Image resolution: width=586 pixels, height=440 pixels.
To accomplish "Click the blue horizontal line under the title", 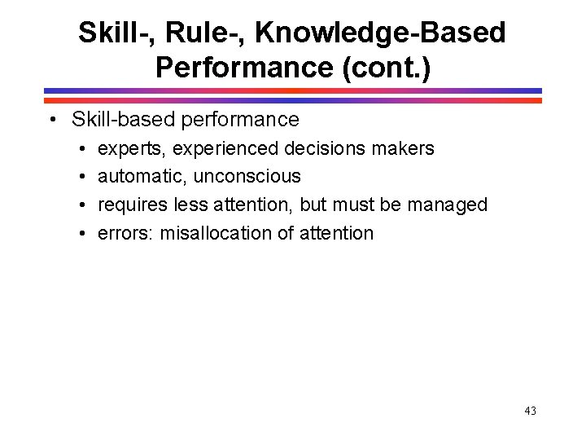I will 293,90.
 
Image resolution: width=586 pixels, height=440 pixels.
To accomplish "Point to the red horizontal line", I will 293,100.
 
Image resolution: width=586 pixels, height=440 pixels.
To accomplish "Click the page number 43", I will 530,411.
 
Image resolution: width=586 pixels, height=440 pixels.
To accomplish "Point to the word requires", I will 133,205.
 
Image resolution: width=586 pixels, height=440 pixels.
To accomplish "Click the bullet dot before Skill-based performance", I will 52,121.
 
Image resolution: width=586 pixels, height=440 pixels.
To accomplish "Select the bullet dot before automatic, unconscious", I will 83,177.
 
